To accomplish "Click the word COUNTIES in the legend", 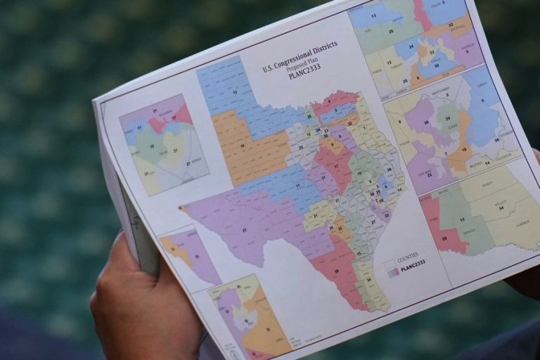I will tap(407, 258).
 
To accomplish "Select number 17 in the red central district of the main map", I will tap(335, 166).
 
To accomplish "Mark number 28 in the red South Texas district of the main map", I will tap(336, 271).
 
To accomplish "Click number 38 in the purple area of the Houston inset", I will tap(426, 122).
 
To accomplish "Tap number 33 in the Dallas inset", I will tap(431, 53).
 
